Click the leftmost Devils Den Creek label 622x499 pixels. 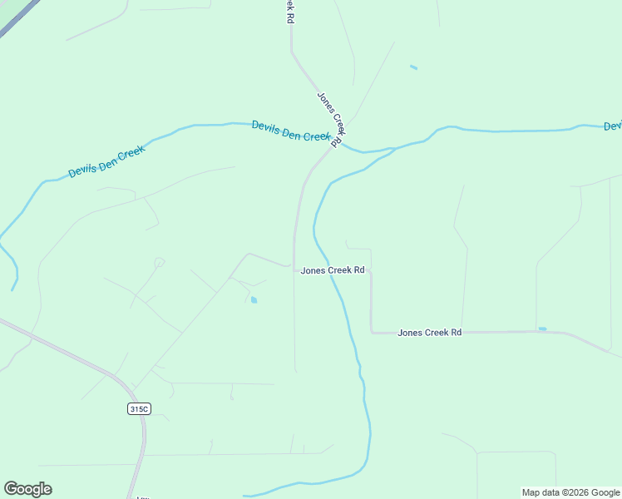click(x=106, y=161)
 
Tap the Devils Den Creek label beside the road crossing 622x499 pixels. click(x=291, y=131)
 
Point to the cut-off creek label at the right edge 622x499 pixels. click(x=613, y=126)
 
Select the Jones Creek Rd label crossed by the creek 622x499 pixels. click(x=332, y=270)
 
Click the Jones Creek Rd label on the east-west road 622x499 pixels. click(x=429, y=333)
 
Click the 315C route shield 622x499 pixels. click(x=139, y=408)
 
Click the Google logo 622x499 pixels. click(x=27, y=489)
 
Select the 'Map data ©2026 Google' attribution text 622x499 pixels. click(x=570, y=492)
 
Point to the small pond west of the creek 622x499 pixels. click(x=254, y=300)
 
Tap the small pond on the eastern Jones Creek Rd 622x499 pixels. click(x=542, y=329)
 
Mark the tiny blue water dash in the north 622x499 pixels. click(x=413, y=67)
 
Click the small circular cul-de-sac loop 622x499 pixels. click(x=159, y=263)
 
